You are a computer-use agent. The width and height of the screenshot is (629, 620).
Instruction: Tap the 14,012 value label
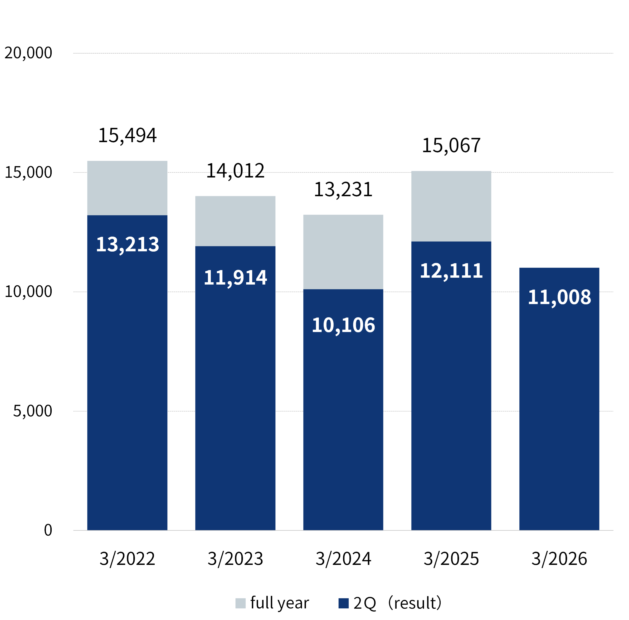235,171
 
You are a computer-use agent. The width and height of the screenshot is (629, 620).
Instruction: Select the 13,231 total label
343,190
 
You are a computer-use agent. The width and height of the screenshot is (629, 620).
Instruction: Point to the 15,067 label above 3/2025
451,145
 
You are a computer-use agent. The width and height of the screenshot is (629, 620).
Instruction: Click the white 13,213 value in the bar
127,244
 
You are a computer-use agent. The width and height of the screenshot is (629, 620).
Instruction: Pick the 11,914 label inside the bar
235,277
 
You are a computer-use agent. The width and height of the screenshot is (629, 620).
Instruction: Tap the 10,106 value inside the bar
343,325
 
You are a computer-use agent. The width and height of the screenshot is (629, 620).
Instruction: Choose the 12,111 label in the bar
451,271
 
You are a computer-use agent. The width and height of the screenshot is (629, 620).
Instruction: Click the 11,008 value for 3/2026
559,297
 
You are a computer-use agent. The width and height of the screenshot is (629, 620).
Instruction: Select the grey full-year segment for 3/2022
127,188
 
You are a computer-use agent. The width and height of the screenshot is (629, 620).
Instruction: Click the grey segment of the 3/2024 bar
343,252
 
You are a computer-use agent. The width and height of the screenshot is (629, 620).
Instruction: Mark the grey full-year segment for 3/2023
235,221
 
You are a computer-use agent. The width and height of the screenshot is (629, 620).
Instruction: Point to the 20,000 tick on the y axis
28,53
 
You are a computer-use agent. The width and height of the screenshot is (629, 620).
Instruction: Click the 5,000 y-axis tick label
32,411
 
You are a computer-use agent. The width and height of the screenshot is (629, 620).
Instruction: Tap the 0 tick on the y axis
48,530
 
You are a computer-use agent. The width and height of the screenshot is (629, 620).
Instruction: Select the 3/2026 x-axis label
559,559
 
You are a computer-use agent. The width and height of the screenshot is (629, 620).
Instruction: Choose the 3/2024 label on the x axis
343,559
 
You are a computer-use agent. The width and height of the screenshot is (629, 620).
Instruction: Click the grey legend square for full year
240,603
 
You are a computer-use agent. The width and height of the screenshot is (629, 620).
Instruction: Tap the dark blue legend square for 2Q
343,603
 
